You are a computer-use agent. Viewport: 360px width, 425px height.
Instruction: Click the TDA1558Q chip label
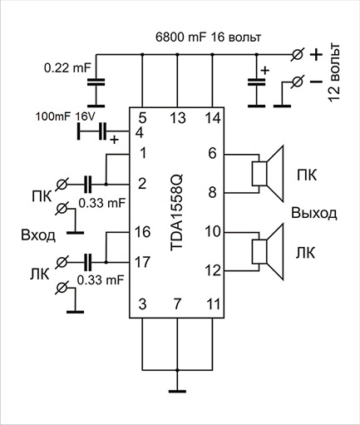point(176,213)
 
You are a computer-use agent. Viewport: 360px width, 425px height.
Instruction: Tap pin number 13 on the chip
point(178,118)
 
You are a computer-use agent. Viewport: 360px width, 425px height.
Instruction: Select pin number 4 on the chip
point(140,133)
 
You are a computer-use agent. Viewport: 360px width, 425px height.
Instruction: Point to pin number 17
point(142,262)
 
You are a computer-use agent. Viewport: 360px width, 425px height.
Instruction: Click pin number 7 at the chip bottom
point(177,304)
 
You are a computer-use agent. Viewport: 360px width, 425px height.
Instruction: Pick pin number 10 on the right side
point(213,231)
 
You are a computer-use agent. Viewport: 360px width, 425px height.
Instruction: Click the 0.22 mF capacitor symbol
point(96,82)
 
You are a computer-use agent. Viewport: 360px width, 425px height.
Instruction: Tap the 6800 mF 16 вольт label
point(208,37)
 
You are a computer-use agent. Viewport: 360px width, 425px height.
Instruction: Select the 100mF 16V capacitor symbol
point(103,131)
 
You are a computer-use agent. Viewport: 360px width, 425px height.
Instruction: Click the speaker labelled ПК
point(268,174)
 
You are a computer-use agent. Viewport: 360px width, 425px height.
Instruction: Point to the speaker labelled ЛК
point(268,252)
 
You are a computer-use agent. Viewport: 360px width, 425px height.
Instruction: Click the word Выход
point(314,214)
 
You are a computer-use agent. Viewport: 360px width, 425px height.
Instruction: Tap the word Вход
point(38,235)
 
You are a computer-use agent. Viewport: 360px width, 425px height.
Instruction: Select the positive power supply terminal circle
point(298,55)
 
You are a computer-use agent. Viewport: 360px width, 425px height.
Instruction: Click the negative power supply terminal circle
point(298,82)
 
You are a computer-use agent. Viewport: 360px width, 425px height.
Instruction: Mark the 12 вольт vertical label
point(334,72)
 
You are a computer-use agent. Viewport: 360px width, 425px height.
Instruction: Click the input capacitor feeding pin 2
point(87,184)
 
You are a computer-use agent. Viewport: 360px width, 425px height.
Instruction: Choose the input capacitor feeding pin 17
point(87,262)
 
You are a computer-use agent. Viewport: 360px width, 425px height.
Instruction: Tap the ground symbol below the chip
point(177,391)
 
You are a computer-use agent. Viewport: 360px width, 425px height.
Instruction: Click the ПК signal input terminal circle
point(62,184)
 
